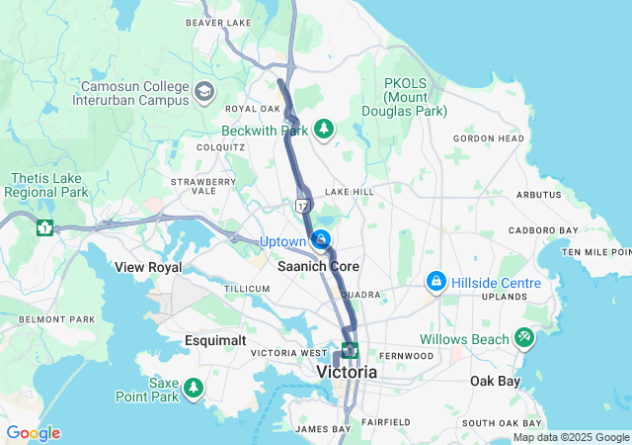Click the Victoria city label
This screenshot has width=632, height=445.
[x=347, y=373]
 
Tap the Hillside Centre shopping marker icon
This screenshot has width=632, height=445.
[x=434, y=283]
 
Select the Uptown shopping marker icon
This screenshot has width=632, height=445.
[x=321, y=240]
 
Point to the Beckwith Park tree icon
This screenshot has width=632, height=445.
[x=323, y=129]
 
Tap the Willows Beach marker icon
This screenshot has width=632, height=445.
[x=522, y=338]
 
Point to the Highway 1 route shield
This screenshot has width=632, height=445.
[x=43, y=227]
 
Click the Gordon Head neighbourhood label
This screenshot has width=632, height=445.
[x=489, y=138]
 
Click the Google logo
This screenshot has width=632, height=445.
[x=33, y=433]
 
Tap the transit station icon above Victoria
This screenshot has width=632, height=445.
[x=350, y=349]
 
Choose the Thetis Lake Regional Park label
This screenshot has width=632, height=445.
[x=47, y=184]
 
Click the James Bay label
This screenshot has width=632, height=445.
[x=323, y=429]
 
